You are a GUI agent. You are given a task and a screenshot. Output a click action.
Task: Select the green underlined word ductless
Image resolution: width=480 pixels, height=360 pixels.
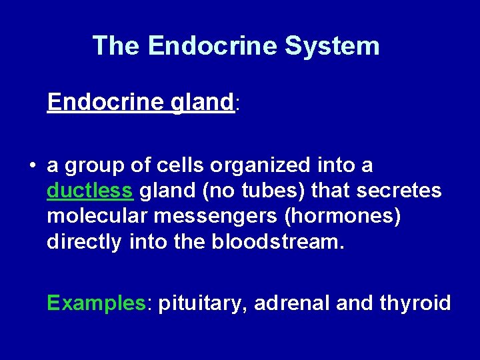[89, 191]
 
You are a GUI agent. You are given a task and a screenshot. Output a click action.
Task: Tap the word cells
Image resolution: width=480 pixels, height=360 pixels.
[178, 165]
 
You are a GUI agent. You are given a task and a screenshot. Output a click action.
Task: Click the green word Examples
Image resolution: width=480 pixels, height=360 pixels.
[96, 304]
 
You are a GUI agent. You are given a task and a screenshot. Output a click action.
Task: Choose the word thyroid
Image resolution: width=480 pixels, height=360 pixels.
[415, 304]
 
